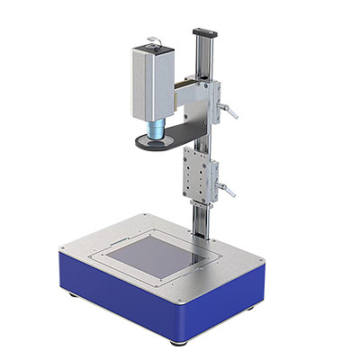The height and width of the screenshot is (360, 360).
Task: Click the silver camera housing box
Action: pos(159,82)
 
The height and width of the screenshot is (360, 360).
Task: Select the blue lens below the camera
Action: pos(157,130)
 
